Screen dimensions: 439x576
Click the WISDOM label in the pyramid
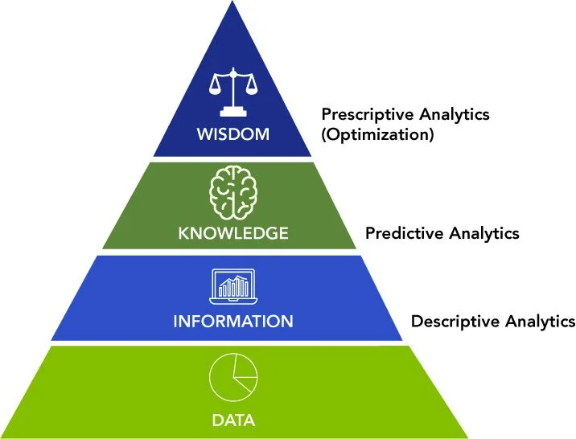coord(232,133)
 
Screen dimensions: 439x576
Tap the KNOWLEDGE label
coord(233,234)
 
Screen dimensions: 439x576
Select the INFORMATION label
coord(233,322)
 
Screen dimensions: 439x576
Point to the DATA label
coord(233,420)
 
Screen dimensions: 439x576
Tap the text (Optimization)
coord(377,134)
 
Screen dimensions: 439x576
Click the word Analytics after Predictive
coord(483,234)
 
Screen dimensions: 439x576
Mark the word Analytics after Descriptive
coord(541,322)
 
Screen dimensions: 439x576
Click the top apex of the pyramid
coord(232,5)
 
